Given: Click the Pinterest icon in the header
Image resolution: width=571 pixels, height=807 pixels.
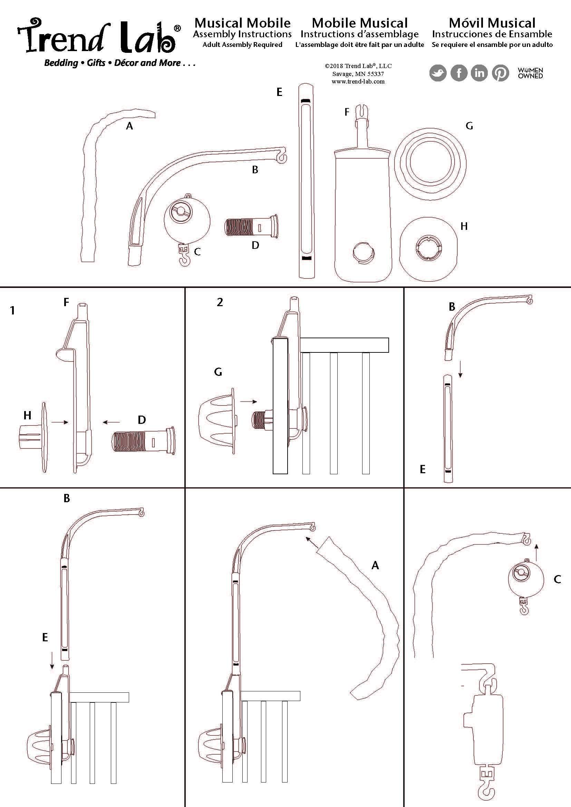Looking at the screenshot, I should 500,73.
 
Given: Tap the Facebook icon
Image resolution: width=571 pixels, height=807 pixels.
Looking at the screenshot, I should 459,73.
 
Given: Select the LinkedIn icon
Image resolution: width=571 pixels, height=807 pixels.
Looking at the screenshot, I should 479,73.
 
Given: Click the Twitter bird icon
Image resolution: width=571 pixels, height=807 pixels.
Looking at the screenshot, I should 438,73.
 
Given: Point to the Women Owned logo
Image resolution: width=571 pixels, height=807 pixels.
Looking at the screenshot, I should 530,73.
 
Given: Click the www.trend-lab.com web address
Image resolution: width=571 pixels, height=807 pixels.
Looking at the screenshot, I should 358,81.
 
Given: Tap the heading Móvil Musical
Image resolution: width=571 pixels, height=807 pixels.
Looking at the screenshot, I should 492,23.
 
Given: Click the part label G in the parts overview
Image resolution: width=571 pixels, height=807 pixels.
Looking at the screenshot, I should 469,126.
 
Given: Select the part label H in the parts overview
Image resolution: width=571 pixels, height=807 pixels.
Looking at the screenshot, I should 464,226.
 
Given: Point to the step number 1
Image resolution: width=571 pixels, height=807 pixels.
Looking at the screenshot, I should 13,310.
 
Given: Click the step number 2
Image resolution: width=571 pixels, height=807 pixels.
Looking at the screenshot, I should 220,302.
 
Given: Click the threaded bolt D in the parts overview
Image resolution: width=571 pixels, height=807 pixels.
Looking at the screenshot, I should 251,226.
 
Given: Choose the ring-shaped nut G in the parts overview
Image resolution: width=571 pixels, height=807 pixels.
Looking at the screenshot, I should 430,164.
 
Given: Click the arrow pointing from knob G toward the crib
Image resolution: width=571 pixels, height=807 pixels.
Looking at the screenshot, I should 249,401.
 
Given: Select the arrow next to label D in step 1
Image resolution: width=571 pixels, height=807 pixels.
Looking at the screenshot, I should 111,422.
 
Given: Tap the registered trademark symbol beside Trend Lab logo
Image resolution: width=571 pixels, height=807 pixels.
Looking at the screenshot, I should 177,28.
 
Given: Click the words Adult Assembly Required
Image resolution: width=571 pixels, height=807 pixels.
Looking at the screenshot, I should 242,45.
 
